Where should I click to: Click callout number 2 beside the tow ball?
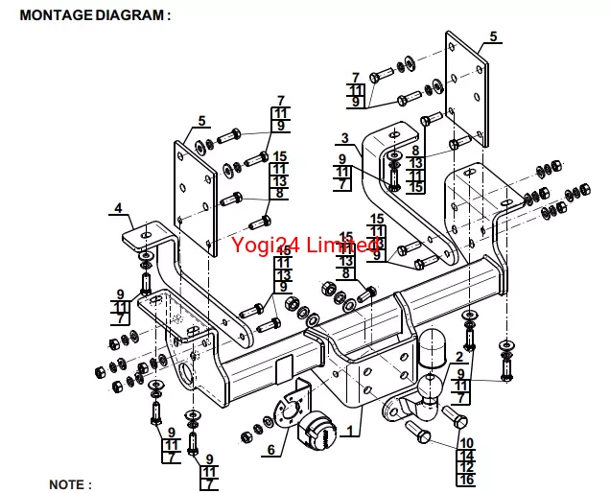click(459, 357)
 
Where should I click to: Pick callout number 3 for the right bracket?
click(344, 138)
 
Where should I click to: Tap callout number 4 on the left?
click(118, 207)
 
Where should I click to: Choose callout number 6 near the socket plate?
click(270, 449)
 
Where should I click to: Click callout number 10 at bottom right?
click(467, 443)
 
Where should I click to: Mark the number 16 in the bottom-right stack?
click(467, 480)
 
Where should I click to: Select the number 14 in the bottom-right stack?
click(467, 456)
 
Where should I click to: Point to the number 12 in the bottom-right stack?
click(467, 467)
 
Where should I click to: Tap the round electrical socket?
click(317, 434)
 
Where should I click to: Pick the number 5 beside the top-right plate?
click(493, 36)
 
